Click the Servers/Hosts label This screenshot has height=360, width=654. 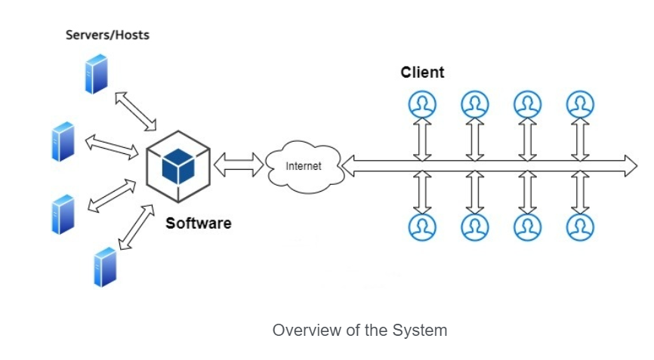click(x=107, y=35)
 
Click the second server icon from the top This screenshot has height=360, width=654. click(x=63, y=142)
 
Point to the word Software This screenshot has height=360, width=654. click(x=199, y=223)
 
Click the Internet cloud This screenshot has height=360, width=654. click(x=304, y=165)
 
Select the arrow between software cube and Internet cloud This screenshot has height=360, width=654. click(x=239, y=164)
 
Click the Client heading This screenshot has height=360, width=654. click(x=422, y=72)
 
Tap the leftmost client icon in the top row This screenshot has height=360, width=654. click(x=422, y=103)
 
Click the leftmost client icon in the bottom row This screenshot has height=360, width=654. click(x=422, y=226)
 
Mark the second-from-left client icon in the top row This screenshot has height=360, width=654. click(x=475, y=103)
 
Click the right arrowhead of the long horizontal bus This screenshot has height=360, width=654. click(x=630, y=165)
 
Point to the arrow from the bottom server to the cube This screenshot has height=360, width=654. click(x=137, y=225)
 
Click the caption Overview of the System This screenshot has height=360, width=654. click(x=359, y=331)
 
